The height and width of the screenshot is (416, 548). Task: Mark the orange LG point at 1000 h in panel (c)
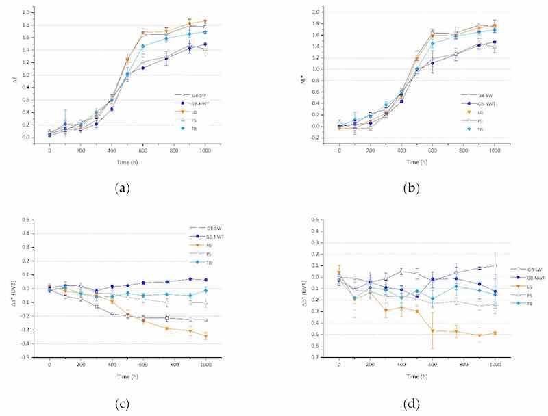click(206, 336)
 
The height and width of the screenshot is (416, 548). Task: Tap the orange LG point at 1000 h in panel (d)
click(495, 333)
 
